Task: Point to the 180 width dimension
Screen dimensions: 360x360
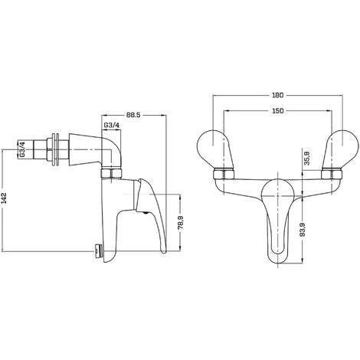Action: click(x=277, y=97)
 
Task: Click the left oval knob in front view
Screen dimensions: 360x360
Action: click(x=214, y=145)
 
